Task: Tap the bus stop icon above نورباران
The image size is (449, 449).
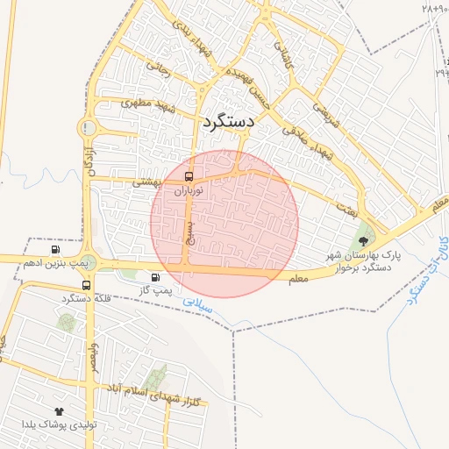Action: click(189, 176)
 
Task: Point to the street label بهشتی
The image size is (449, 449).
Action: click(146, 183)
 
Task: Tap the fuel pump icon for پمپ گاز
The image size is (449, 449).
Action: click(156, 279)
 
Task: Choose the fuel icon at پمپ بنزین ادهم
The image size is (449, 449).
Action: click(57, 250)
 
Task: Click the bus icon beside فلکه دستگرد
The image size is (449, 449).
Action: click(86, 286)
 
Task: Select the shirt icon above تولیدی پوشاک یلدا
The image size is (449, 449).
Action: click(59, 410)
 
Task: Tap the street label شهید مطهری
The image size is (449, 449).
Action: click(149, 107)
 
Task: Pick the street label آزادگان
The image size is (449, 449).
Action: click(89, 157)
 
